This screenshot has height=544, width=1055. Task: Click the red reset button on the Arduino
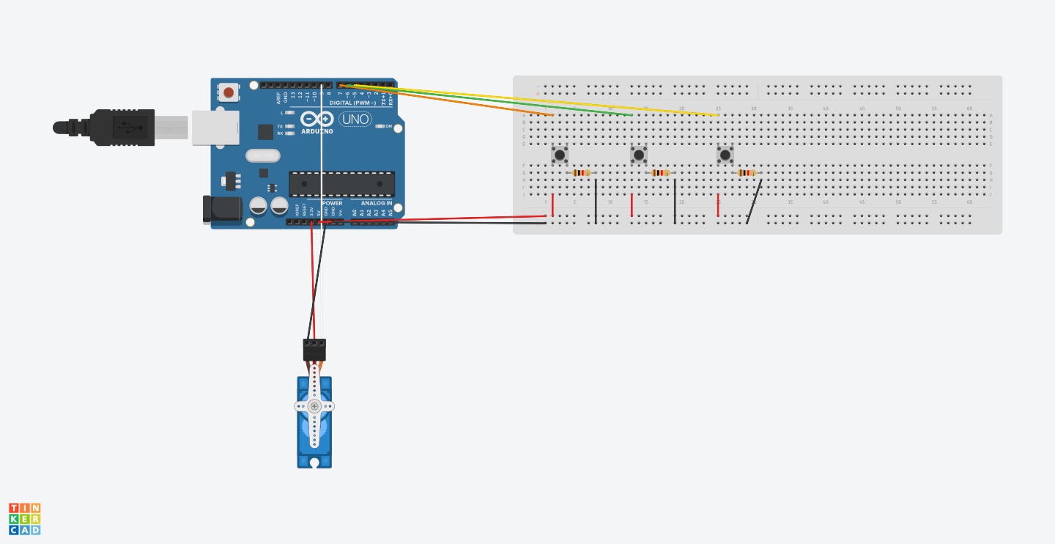pos(229,92)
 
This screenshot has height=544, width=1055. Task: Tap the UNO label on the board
pos(356,119)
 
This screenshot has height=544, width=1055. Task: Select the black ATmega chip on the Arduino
pos(341,183)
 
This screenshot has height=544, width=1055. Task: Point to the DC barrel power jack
pos(221,209)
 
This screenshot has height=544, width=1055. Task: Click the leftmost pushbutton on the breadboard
pos(560,155)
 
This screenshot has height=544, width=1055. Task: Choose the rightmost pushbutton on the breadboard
pos(725,155)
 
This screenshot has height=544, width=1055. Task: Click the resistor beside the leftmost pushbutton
pos(581,173)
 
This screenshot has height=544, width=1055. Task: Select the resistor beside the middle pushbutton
pos(660,173)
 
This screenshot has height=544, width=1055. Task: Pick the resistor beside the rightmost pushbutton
pos(747,173)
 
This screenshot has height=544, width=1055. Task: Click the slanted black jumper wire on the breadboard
pos(754,202)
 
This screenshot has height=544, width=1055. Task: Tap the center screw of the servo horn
pos(314,406)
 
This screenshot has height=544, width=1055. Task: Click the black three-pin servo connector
pos(314,349)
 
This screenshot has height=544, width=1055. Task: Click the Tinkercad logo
pos(25,518)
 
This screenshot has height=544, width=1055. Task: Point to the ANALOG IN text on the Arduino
pos(377,203)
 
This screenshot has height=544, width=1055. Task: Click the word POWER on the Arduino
pos(332,203)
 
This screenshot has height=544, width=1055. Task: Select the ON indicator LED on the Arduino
pos(380,127)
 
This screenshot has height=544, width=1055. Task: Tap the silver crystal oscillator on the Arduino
pos(263,155)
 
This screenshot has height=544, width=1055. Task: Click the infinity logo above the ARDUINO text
pos(316,119)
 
